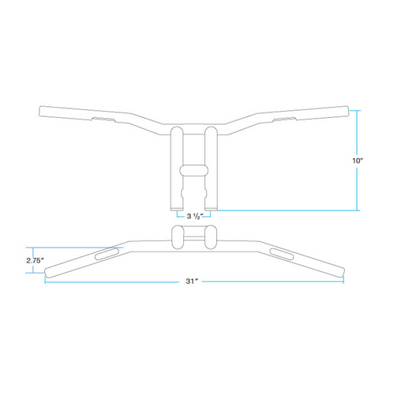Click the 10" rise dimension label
(x=358, y=160)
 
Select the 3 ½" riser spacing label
(x=192, y=215)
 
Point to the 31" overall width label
(x=192, y=281)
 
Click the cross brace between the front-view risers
(x=192, y=169)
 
